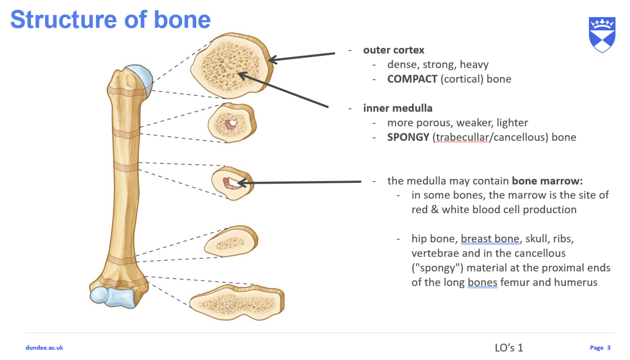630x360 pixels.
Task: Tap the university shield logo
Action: click(x=602, y=34)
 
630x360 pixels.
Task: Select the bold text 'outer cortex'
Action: click(x=393, y=50)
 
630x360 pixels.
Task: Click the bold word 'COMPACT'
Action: click(x=412, y=79)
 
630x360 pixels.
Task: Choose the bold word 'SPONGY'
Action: click(x=408, y=137)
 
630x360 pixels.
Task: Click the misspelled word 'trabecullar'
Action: click(x=463, y=137)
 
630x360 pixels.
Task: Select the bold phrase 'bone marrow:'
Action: click(x=547, y=180)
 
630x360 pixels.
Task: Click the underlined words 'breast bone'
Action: click(x=490, y=239)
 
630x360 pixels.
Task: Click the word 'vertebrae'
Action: click(x=435, y=253)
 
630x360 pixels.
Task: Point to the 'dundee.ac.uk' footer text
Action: click(x=44, y=348)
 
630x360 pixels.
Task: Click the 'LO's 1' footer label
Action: click(x=509, y=348)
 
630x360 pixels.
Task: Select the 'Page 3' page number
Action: click(x=600, y=348)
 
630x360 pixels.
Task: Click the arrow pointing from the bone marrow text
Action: click(x=302, y=182)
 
